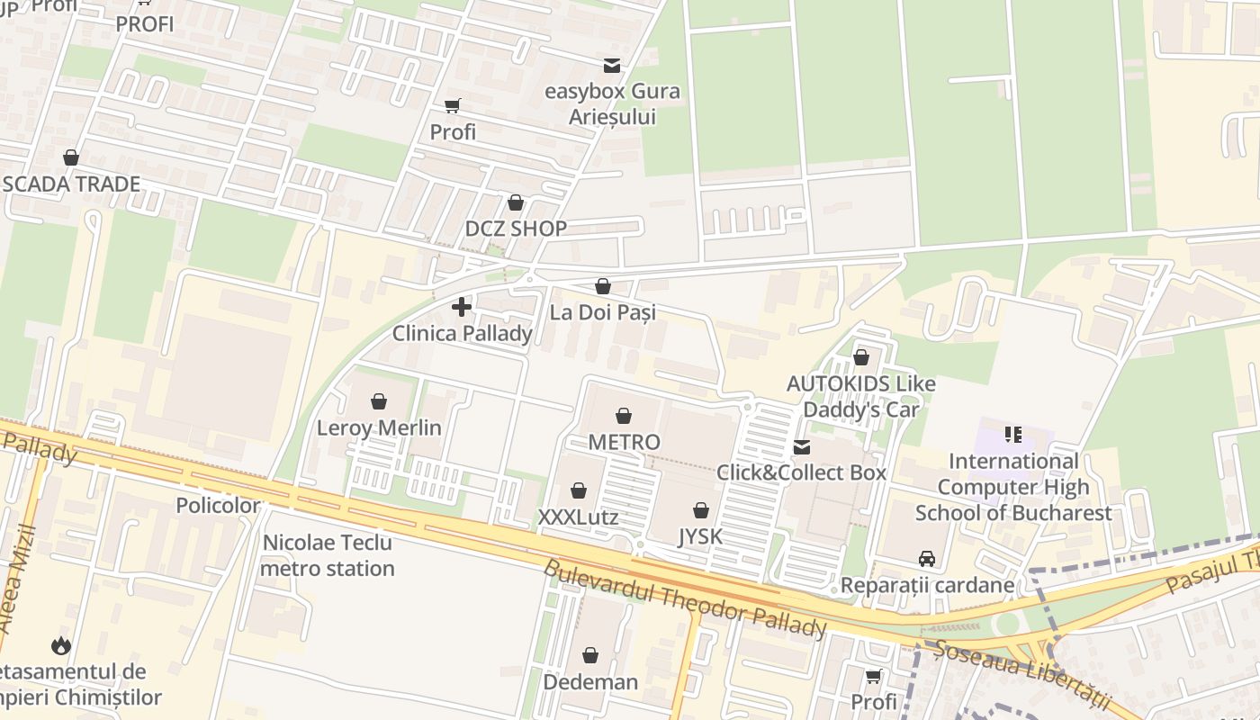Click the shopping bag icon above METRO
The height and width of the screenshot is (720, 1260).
tap(623, 416)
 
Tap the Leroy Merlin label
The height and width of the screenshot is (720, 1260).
tap(379, 427)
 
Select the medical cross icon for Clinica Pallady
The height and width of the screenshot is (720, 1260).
tap(462, 307)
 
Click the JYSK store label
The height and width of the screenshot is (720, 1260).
tap(700, 536)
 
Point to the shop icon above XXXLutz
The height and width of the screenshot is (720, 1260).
tap(579, 490)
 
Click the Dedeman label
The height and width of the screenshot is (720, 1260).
tap(590, 681)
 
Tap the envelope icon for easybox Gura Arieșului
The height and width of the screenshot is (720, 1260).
tap(612, 65)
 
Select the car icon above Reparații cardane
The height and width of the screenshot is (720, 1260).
tap(926, 559)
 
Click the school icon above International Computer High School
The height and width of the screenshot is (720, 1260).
tap(1013, 436)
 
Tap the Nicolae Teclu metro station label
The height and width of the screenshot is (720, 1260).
tap(328, 555)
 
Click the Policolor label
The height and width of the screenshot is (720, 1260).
tap(218, 505)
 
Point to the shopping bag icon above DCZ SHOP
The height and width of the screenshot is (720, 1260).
tap(516, 202)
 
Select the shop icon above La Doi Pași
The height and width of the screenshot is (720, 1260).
tap(603, 286)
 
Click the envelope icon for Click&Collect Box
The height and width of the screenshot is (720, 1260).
tap(801, 447)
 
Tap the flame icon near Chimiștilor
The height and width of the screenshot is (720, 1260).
tap(60, 645)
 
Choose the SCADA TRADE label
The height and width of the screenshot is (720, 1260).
tap(71, 184)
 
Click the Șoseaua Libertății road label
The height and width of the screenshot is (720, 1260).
tap(1021, 674)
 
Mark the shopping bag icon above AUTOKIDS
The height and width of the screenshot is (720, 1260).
tap(861, 357)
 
